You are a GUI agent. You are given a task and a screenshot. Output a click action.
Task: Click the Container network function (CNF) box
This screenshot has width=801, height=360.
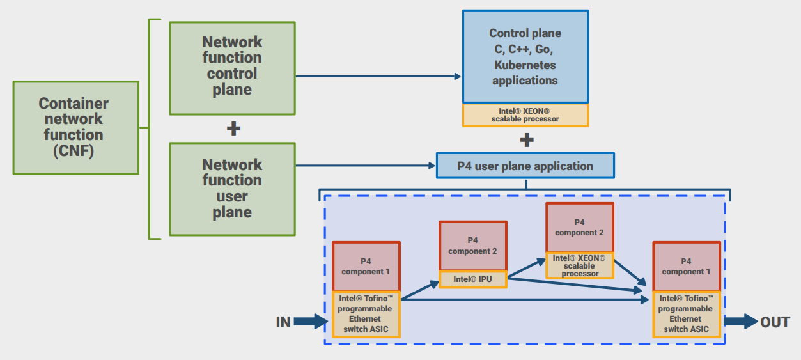(75, 127)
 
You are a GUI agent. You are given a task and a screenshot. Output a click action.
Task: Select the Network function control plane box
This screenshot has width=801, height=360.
(232, 68)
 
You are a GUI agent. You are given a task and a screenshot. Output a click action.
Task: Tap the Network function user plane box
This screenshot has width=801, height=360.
(232, 189)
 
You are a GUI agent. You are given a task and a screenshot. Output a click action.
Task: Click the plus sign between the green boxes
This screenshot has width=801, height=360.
(234, 129)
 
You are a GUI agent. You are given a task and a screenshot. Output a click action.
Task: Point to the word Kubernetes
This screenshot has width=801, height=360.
(525, 65)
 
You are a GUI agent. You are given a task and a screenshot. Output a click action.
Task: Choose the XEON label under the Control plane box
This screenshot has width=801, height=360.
(525, 115)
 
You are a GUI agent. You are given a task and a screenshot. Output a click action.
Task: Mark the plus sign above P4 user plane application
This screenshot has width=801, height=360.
(526, 139)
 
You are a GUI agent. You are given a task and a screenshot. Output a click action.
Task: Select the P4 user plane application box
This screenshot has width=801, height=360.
(525, 166)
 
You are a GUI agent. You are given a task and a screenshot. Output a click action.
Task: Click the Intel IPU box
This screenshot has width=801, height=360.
(472, 279)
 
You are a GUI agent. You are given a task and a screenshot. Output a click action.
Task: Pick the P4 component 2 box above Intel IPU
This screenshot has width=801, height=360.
(472, 246)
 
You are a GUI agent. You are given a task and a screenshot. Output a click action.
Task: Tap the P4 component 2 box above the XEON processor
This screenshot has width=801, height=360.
(579, 227)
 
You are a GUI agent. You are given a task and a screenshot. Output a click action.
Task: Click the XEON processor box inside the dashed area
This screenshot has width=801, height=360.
(579, 265)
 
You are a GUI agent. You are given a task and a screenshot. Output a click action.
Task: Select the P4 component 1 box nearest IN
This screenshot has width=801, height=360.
(366, 267)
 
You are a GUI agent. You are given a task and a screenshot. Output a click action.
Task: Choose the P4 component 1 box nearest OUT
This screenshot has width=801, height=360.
(686, 267)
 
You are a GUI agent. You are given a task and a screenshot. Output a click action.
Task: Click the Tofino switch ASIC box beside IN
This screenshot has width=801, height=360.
(366, 314)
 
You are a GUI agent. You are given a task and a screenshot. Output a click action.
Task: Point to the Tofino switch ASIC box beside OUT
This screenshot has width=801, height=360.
(686, 314)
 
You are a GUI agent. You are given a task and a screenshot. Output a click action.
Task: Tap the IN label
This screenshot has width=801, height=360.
(283, 322)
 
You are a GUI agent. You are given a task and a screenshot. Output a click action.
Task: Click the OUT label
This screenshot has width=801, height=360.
(775, 322)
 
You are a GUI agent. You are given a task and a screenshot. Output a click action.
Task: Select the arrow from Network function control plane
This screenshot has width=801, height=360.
(377, 77)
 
